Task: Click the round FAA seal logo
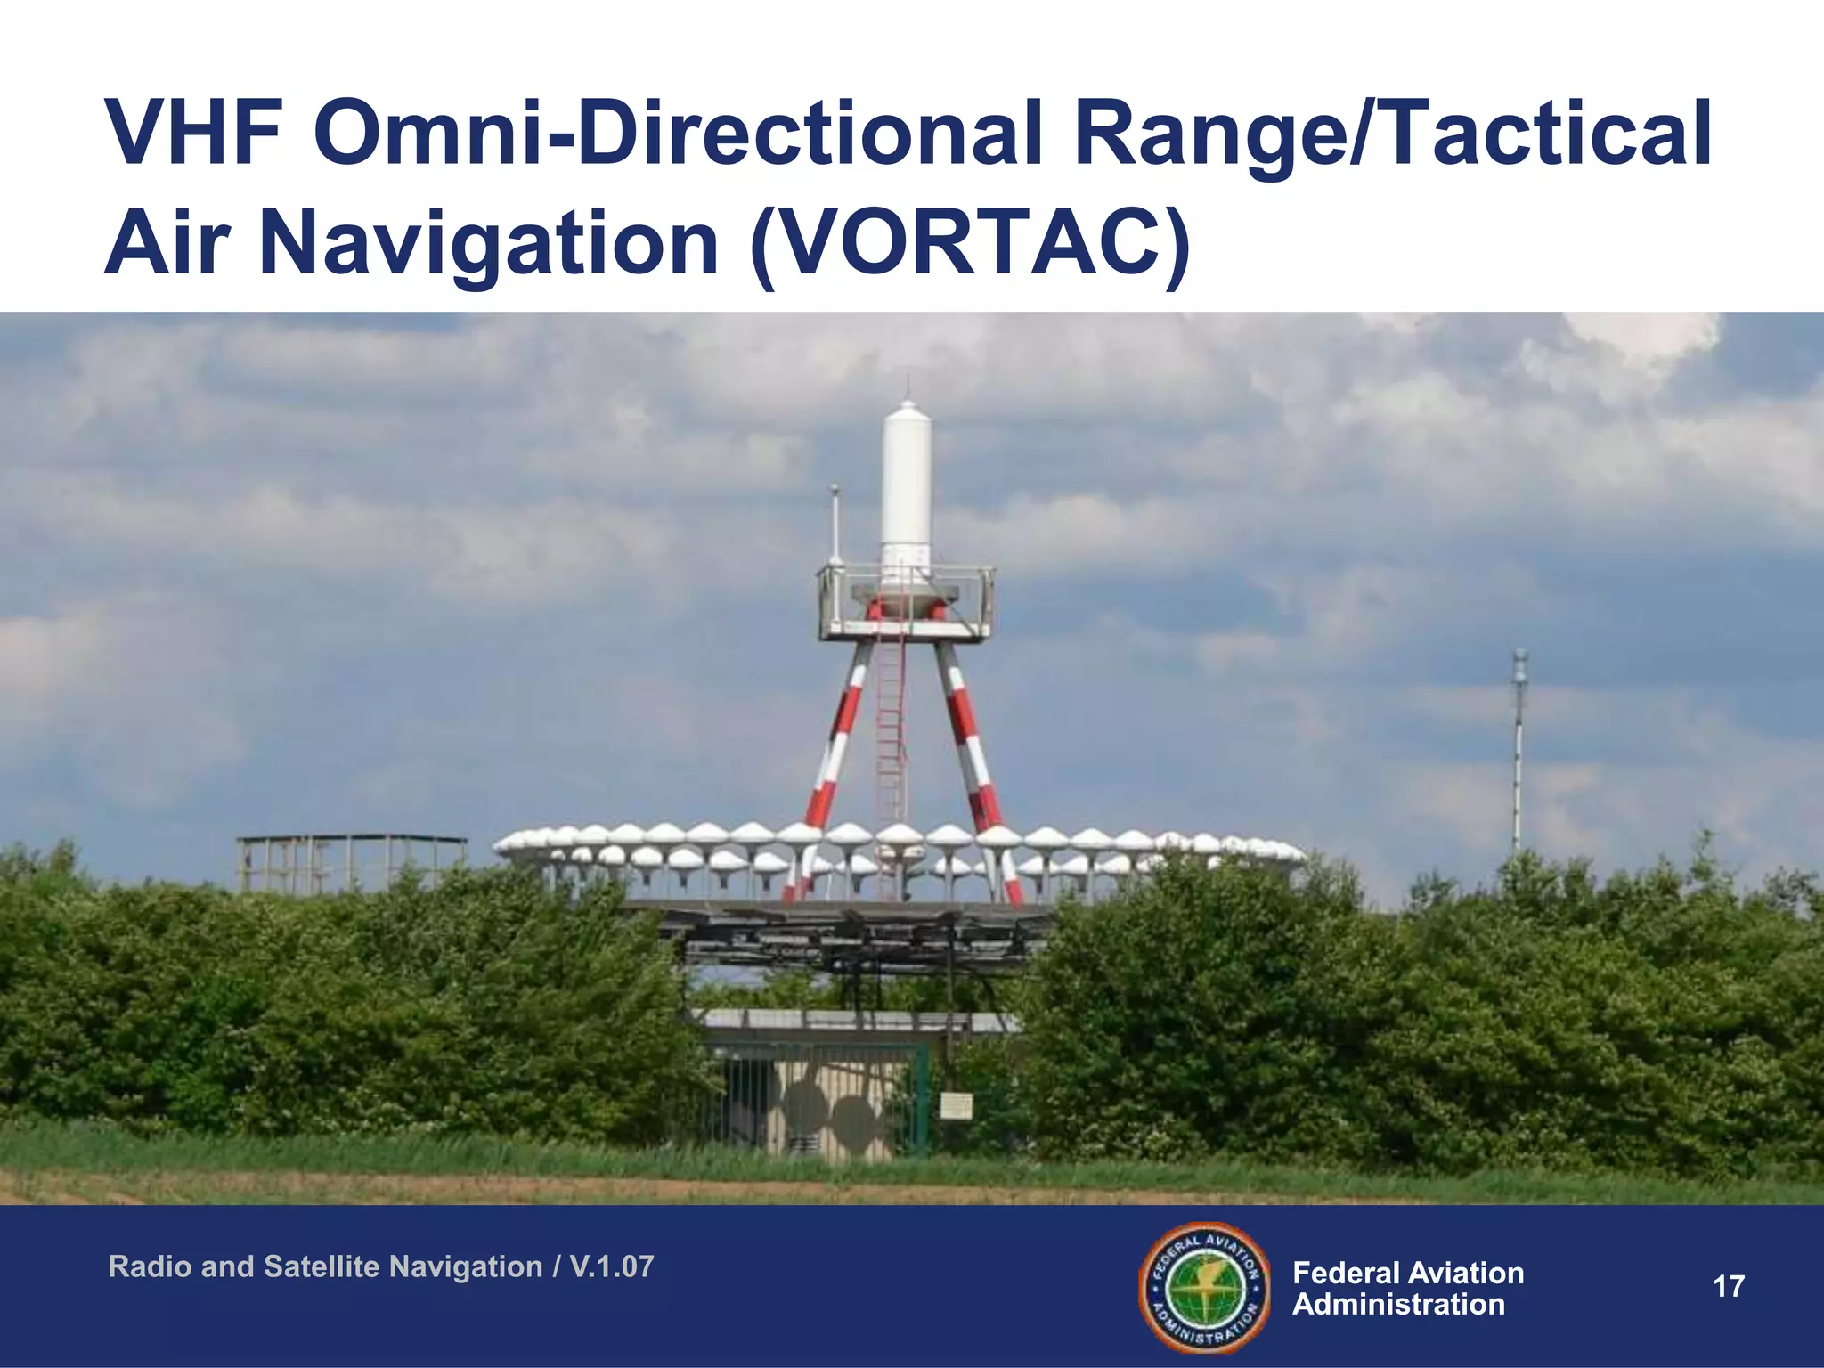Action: click(1205, 1287)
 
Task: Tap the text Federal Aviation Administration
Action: click(1407, 1288)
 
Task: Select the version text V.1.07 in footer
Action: click(612, 1266)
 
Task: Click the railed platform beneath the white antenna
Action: click(906, 606)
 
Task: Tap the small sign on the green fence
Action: click(956, 1107)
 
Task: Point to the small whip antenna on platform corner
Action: click(835, 525)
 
